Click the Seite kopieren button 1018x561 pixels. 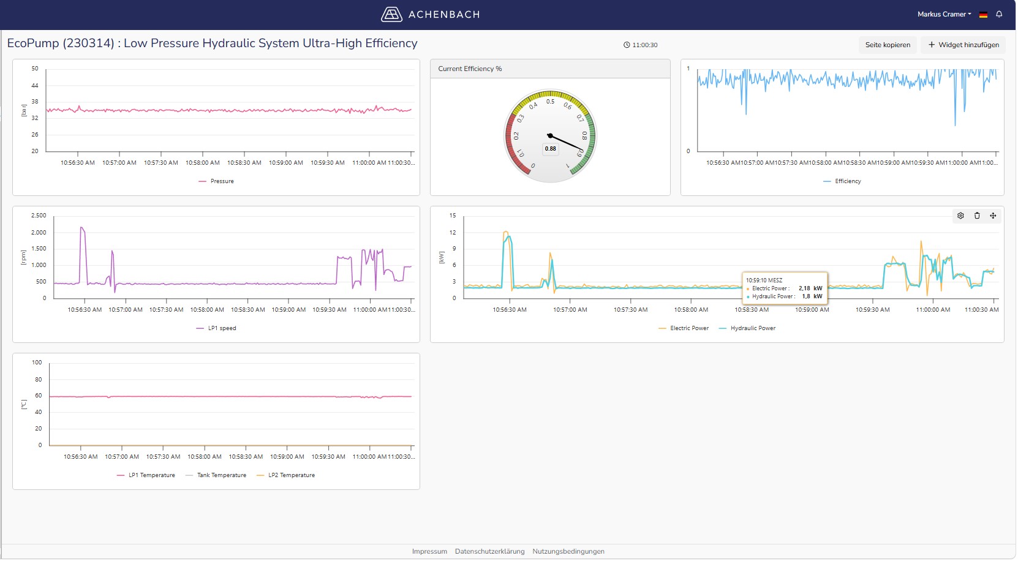pos(888,45)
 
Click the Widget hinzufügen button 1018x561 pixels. pos(963,45)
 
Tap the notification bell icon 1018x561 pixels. pos(999,14)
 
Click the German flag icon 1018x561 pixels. pos(983,15)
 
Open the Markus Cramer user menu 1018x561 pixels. pos(944,14)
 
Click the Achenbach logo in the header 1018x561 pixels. pos(430,14)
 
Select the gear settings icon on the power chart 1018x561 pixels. pos(960,216)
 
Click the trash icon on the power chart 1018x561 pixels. pos(976,216)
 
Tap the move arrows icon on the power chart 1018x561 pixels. pos(993,216)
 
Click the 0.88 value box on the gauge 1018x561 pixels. pos(551,149)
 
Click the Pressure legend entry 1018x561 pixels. pos(216,181)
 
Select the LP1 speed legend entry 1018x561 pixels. pos(216,328)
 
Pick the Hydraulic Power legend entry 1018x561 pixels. pos(748,328)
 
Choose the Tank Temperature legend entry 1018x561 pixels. pos(216,475)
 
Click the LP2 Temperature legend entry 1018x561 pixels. pos(286,475)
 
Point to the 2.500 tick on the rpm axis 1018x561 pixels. pos(39,216)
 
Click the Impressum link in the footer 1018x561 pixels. pos(429,551)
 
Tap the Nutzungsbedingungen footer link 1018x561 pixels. pos(568,551)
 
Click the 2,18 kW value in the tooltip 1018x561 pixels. pos(810,288)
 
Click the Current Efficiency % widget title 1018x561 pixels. pos(470,69)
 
